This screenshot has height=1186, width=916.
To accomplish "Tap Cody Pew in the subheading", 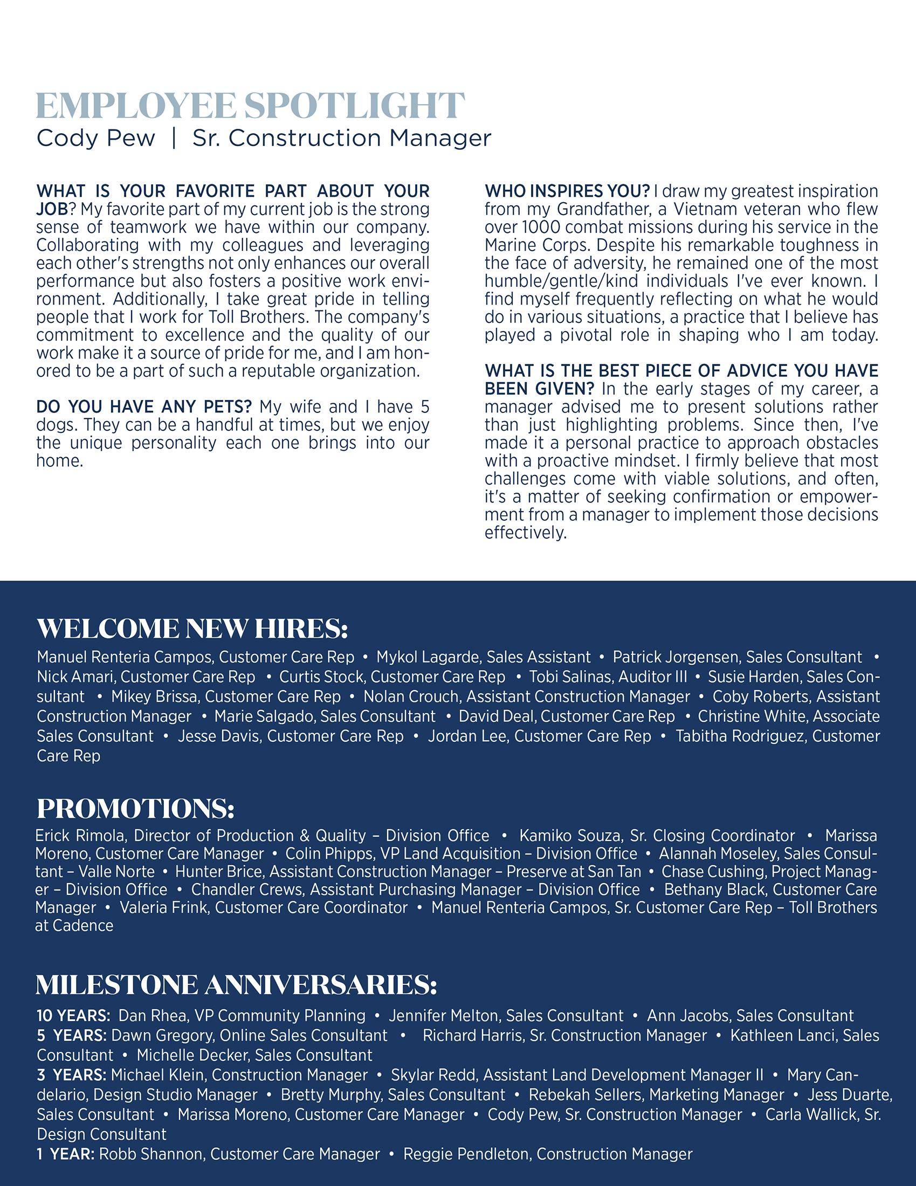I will click(x=95, y=139).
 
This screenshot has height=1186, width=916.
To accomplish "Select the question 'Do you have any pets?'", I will click(x=144, y=406).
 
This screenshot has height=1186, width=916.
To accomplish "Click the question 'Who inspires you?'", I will click(x=567, y=192).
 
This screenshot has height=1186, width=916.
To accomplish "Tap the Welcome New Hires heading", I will click(x=192, y=629).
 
